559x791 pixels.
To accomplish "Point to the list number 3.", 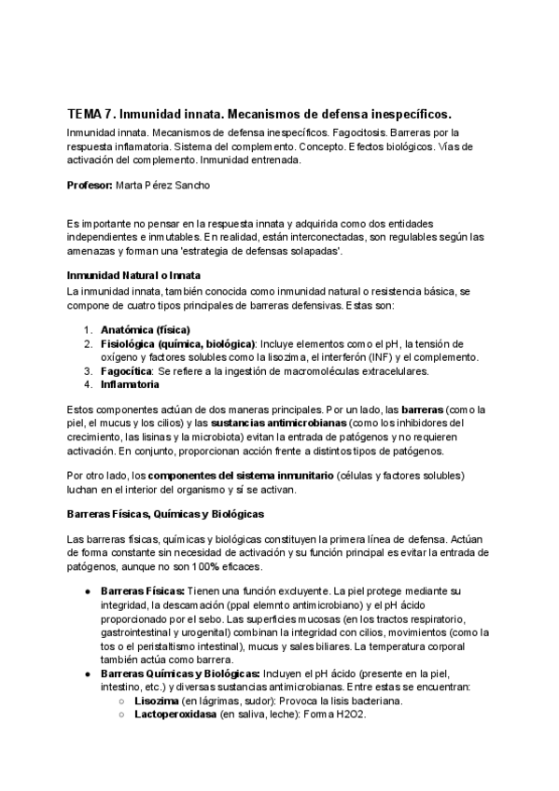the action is pos(87,370).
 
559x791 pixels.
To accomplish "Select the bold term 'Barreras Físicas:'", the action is pos(143,591).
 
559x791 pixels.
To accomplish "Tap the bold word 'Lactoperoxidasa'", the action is pos(175,714).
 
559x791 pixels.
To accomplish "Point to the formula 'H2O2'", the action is pos(352,714).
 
